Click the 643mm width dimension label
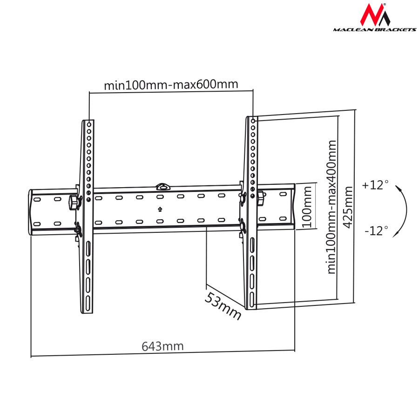(162, 346)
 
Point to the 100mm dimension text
(306, 206)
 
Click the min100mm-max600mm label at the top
(171, 85)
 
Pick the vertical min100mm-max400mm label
(331, 207)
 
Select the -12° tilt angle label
(376, 230)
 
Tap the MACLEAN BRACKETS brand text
(374, 29)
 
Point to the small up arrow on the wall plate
(160, 209)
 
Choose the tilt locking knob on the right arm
(260, 197)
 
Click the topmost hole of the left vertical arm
(88, 124)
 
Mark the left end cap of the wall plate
(31, 212)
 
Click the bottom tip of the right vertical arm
(251, 307)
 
